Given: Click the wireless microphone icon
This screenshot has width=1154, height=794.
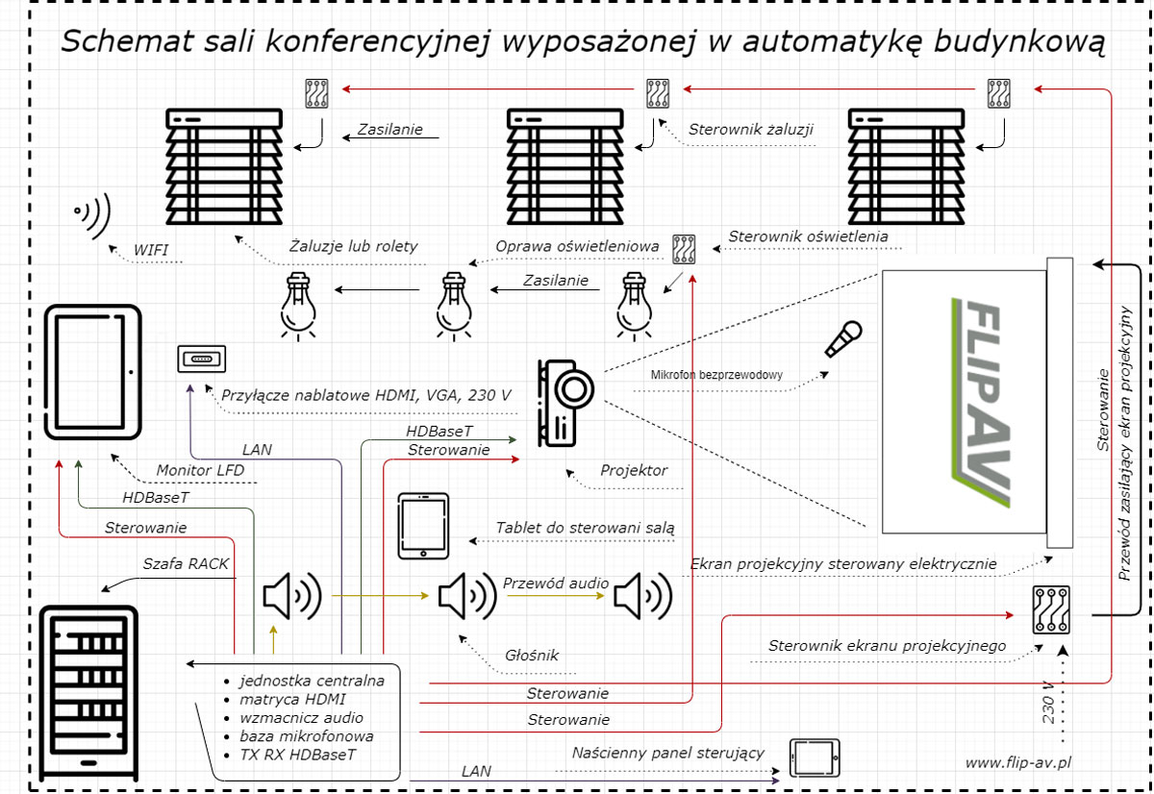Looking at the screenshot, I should tap(843, 338).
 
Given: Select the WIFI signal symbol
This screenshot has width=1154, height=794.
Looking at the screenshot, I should tap(94, 214).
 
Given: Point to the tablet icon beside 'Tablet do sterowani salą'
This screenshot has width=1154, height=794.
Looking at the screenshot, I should tap(423, 526).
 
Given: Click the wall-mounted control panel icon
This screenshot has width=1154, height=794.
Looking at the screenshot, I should tap(815, 757).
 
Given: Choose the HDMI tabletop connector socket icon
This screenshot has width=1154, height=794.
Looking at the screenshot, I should tap(201, 360).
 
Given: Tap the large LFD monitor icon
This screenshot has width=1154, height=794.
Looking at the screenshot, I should tap(93, 372).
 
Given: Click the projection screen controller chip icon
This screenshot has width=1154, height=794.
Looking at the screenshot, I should tap(1051, 609).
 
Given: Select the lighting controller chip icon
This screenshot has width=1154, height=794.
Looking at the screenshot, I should tap(684, 248).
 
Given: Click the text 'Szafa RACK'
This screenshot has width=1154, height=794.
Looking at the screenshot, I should tap(187, 563).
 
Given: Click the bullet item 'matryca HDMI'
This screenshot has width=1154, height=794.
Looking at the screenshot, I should tap(292, 699).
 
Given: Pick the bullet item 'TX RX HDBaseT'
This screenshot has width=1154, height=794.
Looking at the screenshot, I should tap(298, 755).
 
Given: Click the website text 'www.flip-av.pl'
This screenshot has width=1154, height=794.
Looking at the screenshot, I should tap(1018, 762).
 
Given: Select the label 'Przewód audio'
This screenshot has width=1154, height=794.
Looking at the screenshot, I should tap(555, 583).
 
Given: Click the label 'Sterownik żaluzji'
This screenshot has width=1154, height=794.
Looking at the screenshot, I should tap(751, 129).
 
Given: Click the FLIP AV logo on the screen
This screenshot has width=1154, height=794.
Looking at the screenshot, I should tap(978, 403).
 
